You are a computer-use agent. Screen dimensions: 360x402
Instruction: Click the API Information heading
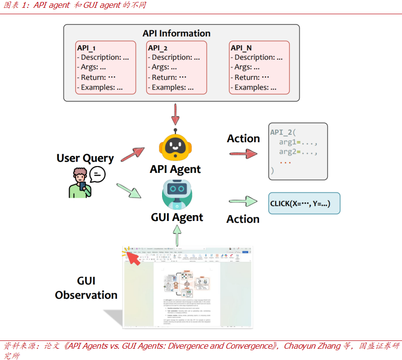pyautogui.click(x=176, y=34)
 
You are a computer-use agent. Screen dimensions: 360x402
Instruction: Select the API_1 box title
pyautogui.click(x=86, y=48)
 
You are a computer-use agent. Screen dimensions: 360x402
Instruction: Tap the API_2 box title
pyautogui.click(x=158, y=48)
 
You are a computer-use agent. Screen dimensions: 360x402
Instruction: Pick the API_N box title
pyautogui.click(x=241, y=48)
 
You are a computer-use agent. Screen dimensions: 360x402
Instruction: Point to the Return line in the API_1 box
pyautogui.click(x=96, y=77)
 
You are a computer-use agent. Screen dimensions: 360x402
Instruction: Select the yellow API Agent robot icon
pyautogui.click(x=175, y=147)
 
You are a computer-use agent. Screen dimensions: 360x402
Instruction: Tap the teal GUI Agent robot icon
pyautogui.click(x=176, y=195)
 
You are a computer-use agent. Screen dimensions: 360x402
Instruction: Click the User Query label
pyautogui.click(x=85, y=158)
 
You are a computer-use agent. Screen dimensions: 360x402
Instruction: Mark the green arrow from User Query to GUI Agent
pyautogui.click(x=129, y=191)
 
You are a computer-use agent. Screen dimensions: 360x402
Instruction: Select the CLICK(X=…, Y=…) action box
pyautogui.click(x=304, y=203)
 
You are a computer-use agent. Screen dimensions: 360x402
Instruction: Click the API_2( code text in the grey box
pyautogui.click(x=284, y=133)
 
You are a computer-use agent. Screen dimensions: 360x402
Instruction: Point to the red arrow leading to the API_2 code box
pyautogui.click(x=243, y=154)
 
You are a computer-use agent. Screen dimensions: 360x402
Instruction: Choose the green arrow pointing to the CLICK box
pyautogui.click(x=243, y=201)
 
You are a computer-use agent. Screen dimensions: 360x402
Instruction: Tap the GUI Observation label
pyautogui.click(x=86, y=288)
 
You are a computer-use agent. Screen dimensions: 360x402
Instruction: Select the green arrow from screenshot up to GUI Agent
pyautogui.click(x=177, y=234)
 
